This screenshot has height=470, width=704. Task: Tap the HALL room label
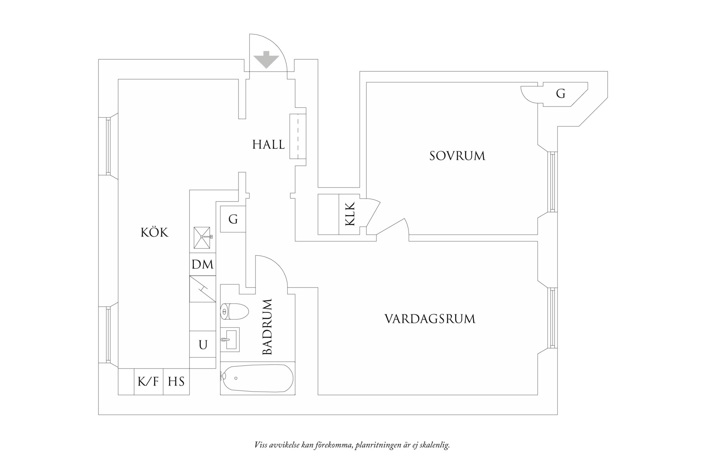pos(269,145)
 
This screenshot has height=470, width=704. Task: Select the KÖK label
pos(155,232)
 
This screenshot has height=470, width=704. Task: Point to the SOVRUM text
pos(457,156)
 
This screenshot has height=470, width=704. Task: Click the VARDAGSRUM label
pos(430,319)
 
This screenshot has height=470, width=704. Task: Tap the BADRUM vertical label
pos(268,327)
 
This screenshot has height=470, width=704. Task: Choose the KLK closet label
pos(350,214)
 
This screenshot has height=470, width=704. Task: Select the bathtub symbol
pos(257,379)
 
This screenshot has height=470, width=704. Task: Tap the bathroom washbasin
pos(229,339)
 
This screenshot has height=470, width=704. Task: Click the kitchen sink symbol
pos(202,237)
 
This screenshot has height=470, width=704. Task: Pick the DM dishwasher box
pos(202,264)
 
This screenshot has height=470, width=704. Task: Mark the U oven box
pos(202,345)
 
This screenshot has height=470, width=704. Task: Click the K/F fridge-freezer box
pos(148,382)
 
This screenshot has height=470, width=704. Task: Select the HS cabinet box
pos(176,382)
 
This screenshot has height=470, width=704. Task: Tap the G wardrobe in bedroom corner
pos(560,94)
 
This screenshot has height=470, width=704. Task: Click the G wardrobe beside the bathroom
pos(233,219)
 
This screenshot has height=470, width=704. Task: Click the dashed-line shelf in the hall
pos(298,136)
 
